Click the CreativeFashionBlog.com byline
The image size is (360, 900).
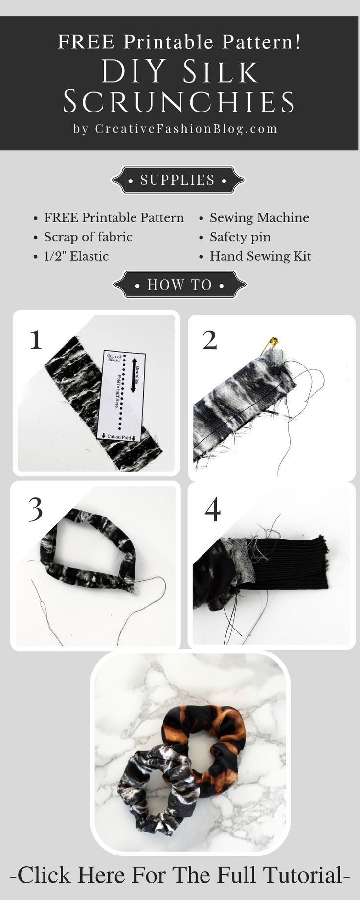click(x=186, y=129)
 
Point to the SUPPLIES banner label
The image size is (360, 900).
click(x=178, y=180)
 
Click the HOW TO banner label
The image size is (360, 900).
click(x=180, y=285)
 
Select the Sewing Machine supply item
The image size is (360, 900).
click(x=259, y=218)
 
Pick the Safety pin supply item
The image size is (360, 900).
click(x=240, y=237)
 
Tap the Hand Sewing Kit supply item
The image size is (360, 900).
click(x=260, y=256)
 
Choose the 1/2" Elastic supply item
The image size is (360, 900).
click(x=76, y=256)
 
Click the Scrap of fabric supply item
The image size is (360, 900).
click(x=88, y=237)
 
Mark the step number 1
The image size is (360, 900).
click(x=36, y=339)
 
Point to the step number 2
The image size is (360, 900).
click(x=210, y=340)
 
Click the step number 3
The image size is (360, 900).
click(x=36, y=510)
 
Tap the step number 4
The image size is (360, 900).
click(x=212, y=510)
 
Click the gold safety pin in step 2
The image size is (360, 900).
click(x=272, y=345)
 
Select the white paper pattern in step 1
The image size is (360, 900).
click(x=122, y=395)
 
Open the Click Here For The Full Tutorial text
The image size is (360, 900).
click(x=180, y=875)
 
